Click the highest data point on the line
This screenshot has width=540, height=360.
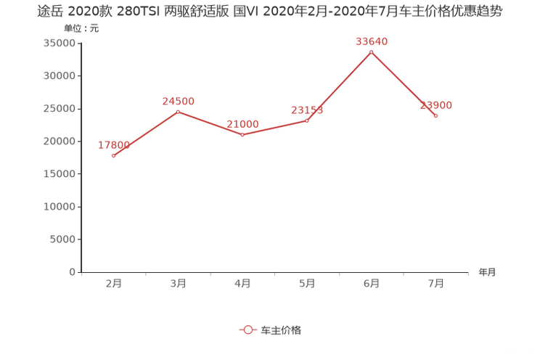(372, 52)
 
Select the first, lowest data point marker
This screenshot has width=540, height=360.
(113, 155)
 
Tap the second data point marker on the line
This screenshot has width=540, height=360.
(178, 111)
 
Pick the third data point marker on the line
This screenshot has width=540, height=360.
(242, 134)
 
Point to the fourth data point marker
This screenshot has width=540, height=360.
(307, 120)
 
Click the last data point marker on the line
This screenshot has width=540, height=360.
(435, 115)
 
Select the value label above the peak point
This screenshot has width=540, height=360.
(372, 42)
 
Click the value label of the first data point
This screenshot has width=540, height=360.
(113, 145)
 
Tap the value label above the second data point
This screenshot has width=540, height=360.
(178, 101)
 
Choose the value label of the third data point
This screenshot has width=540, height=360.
(242, 124)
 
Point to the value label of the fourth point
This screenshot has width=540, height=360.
(307, 110)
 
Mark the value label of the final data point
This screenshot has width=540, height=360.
(436, 105)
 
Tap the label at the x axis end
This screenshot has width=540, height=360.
(486, 273)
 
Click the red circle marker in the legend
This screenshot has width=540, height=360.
(247, 330)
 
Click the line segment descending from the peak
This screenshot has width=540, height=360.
(404, 83)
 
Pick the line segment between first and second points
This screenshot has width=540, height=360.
(145, 134)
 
